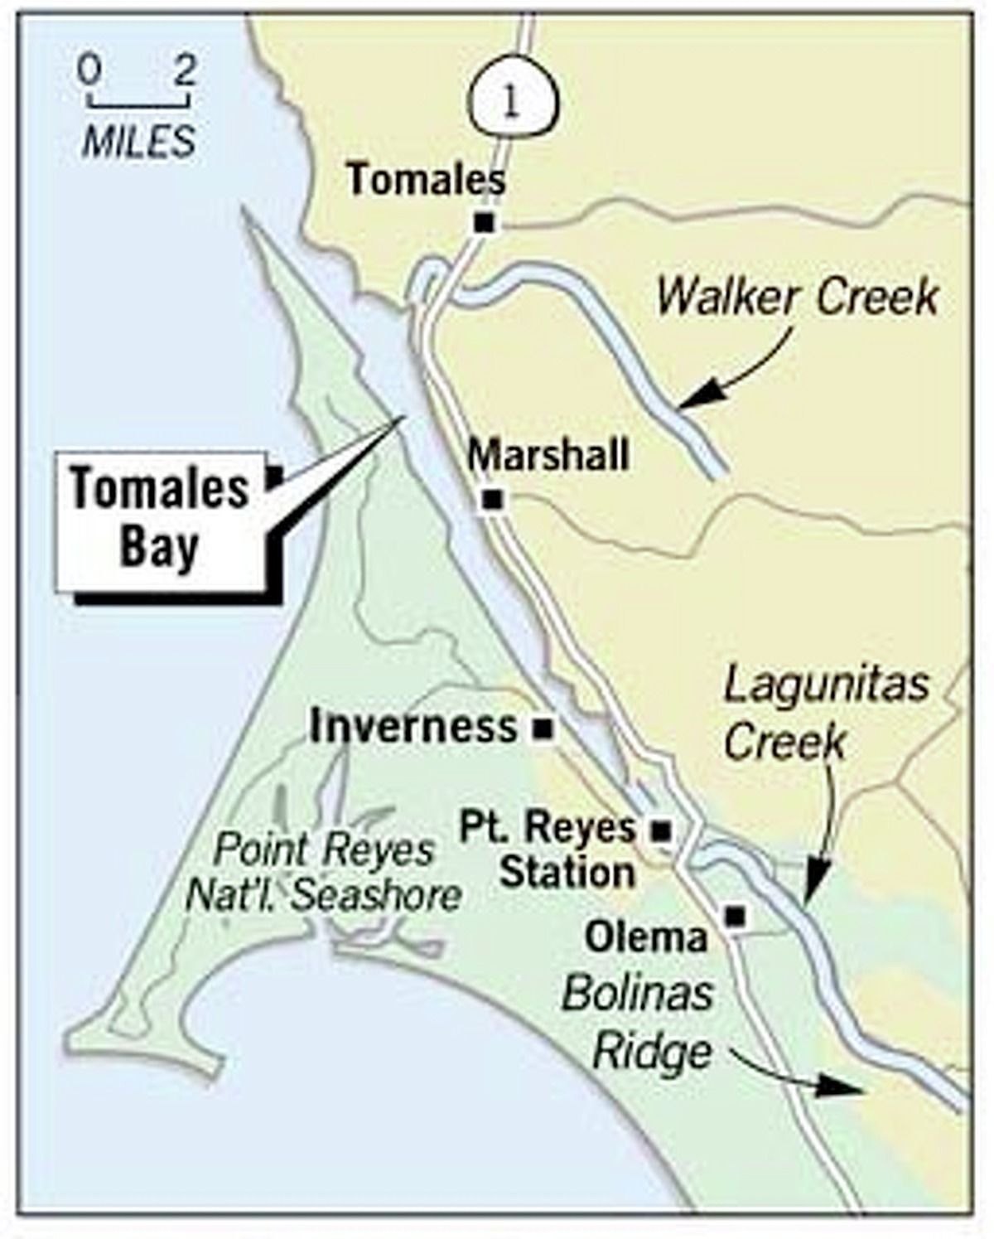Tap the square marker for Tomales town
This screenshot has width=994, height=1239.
[485, 223]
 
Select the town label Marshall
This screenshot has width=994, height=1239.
[548, 455]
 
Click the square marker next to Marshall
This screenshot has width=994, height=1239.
[493, 500]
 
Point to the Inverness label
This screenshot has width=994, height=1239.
[413, 727]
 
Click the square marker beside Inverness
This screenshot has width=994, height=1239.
[543, 729]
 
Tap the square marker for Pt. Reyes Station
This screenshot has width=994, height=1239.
[661, 830]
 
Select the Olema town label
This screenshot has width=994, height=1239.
[646, 937]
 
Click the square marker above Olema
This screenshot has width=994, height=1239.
[736, 916]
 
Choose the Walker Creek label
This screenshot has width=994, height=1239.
[798, 297]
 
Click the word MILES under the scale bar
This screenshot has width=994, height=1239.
[139, 142]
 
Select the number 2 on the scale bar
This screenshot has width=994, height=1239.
[185, 71]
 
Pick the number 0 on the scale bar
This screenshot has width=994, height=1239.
[89, 71]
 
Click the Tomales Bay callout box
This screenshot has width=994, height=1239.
[161, 519]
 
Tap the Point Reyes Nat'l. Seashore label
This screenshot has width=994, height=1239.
[323, 872]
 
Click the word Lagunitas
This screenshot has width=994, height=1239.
[826, 685]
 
